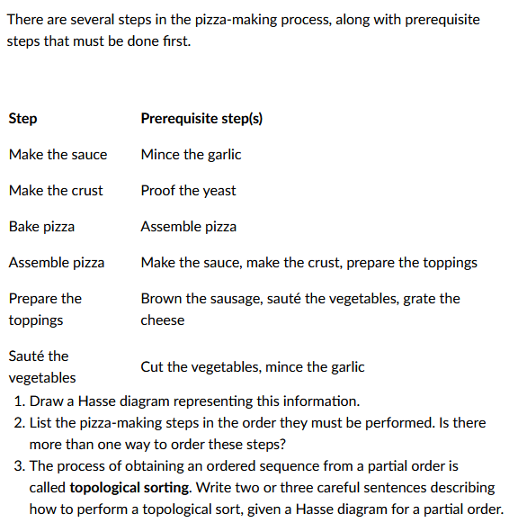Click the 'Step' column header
pos(22,119)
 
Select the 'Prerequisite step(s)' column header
pos(201,119)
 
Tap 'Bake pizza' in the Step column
pos(41,227)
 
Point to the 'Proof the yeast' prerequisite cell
pos(188,191)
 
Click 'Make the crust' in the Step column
pos(56,191)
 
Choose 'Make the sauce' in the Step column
pos(58,155)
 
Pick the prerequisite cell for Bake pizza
pos(188,227)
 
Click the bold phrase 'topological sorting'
pos(129,488)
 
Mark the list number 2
pos(18,423)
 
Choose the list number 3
pos(18,466)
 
